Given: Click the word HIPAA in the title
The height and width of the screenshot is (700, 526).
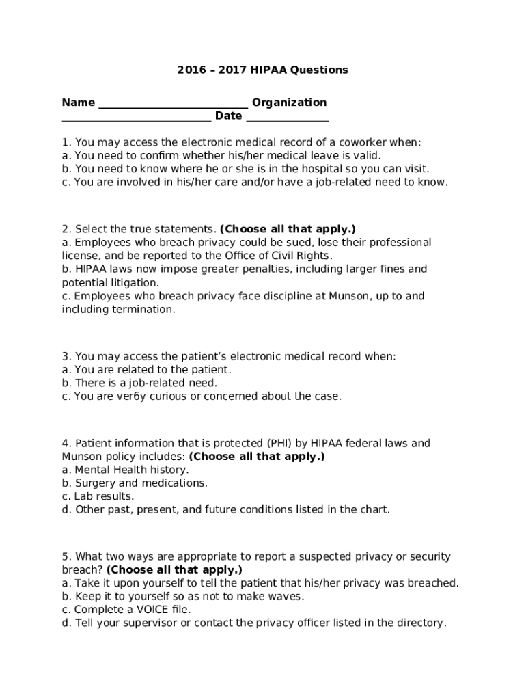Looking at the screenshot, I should click(x=271, y=70).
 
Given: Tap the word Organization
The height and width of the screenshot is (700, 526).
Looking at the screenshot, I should click(x=289, y=103).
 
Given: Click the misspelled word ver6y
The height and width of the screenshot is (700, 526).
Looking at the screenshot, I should click(x=141, y=396).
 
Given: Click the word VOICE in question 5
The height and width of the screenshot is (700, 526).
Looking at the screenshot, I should click(x=150, y=610).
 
